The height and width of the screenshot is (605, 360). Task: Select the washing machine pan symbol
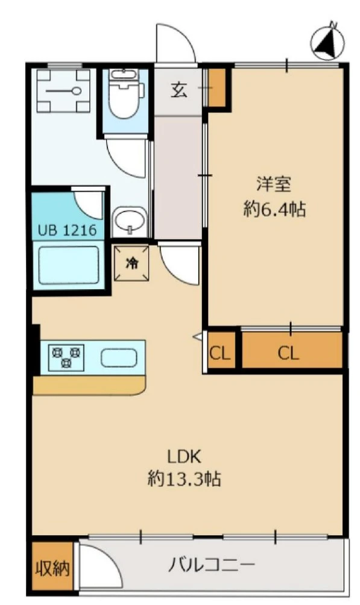click(x=63, y=90)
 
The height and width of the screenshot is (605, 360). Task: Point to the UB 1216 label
click(x=67, y=230)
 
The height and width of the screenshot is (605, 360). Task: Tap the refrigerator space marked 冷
click(x=131, y=263)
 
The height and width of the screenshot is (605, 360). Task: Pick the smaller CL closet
click(x=219, y=353)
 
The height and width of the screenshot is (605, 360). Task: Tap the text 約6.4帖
click(x=274, y=210)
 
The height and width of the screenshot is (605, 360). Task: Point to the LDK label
click(x=184, y=457)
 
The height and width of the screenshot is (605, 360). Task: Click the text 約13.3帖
click(x=184, y=479)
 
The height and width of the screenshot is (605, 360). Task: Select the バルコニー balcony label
click(x=211, y=566)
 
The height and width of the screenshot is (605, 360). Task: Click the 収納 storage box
click(x=52, y=566)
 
